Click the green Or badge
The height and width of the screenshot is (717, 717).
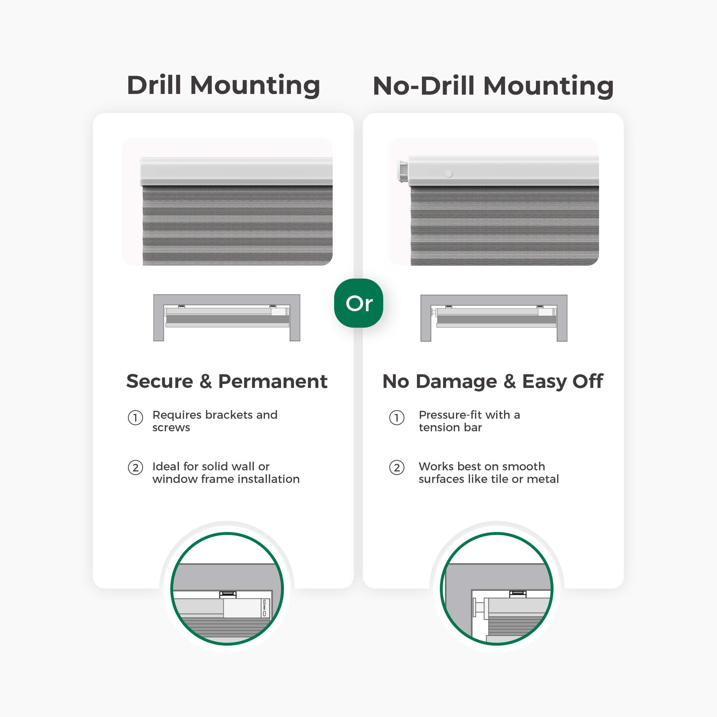click(358, 303)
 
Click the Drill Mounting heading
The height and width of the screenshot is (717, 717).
click(223, 85)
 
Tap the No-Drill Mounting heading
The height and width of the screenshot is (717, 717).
click(493, 86)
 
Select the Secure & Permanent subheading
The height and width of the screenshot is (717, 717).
click(227, 381)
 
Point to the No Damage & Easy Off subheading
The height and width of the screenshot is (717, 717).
click(493, 381)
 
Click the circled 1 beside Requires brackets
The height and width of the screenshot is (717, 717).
click(136, 418)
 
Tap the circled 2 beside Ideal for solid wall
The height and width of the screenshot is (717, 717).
click(136, 467)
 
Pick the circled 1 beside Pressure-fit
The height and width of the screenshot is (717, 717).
click(397, 418)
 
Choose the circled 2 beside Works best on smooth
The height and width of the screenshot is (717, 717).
click(397, 467)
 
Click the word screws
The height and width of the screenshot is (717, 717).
click(171, 428)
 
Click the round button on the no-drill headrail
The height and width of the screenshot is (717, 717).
click(448, 174)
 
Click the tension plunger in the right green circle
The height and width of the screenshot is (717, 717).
click(479, 608)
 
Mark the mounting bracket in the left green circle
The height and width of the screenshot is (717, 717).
click(228, 594)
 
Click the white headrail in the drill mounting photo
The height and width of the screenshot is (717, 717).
click(236, 171)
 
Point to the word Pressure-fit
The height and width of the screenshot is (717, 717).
click(450, 415)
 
